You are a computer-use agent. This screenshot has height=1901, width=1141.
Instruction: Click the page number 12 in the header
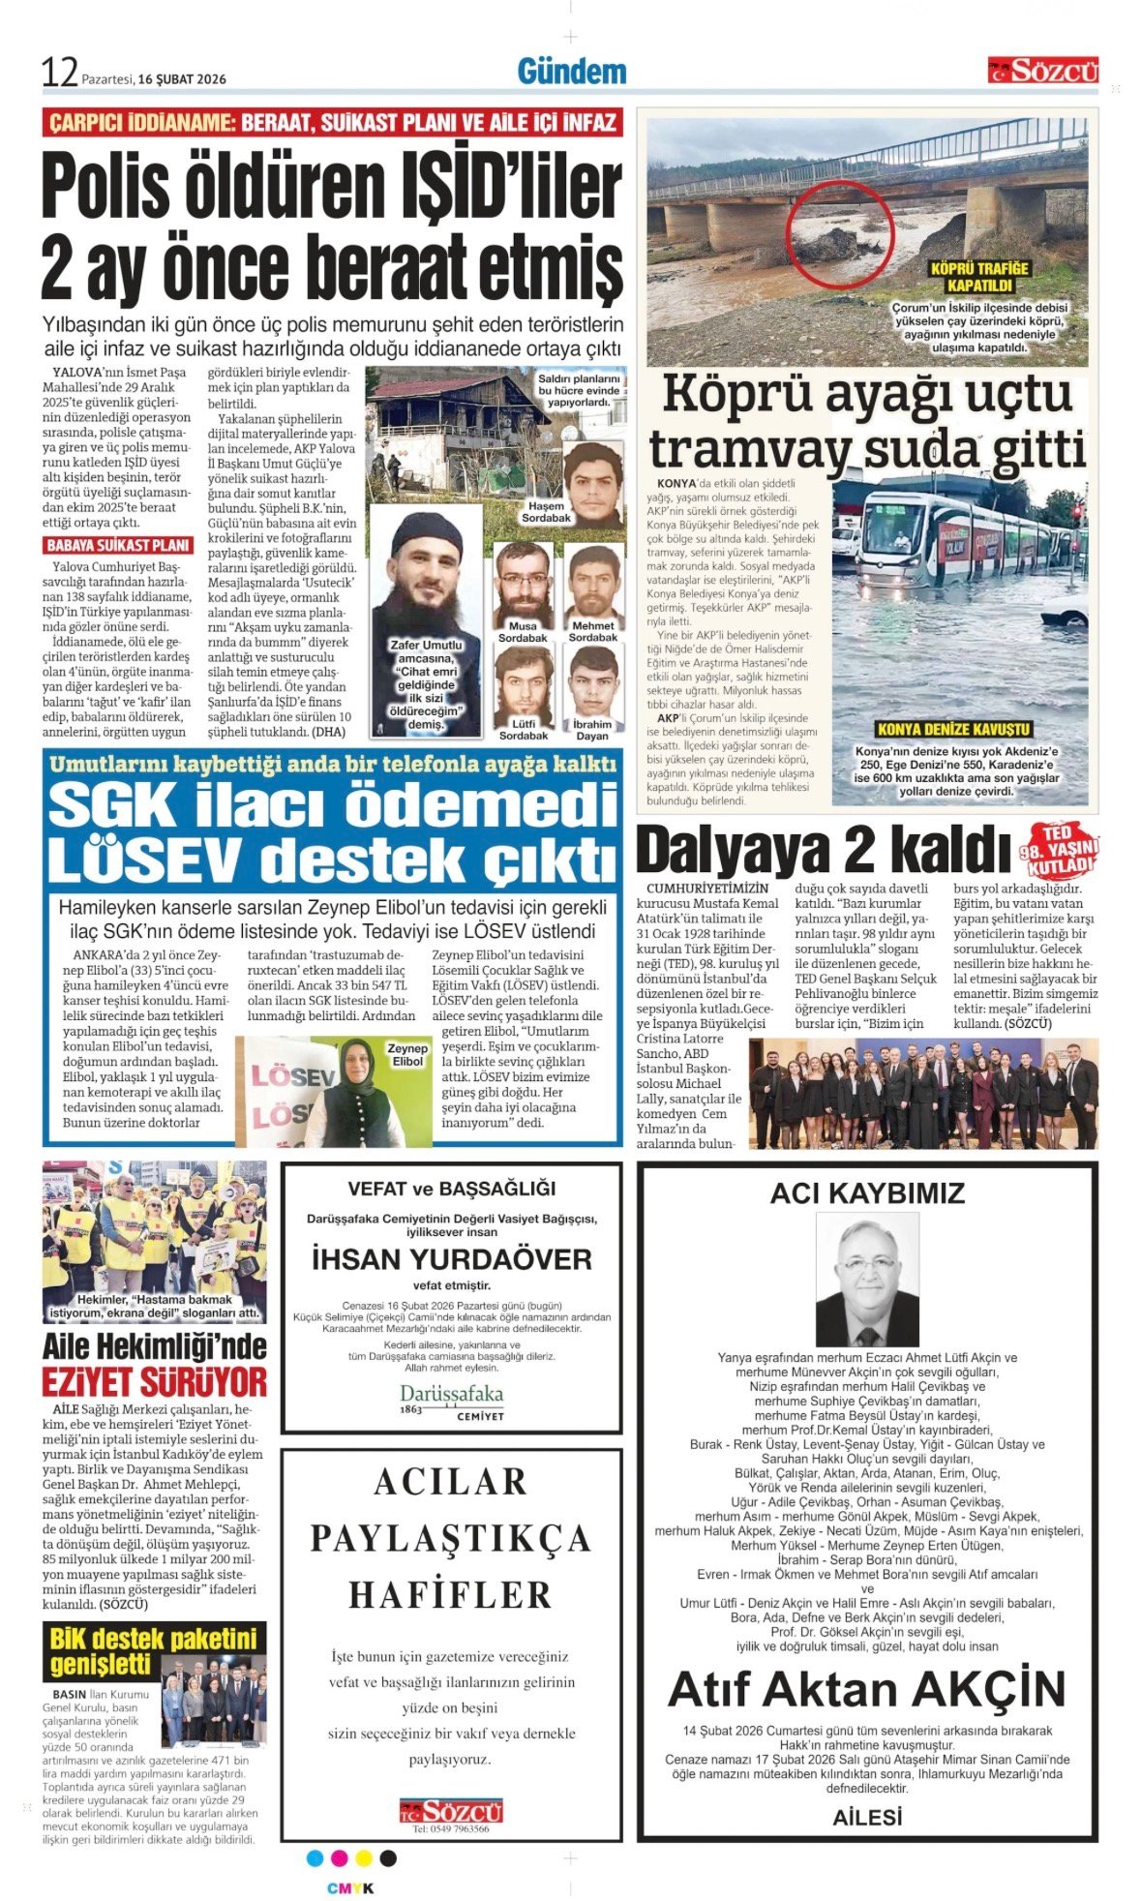pyautogui.click(x=59, y=73)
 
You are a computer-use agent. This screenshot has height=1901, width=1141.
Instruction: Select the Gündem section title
pyautogui.click(x=571, y=72)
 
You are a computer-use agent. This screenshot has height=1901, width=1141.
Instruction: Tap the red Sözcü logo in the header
pyautogui.click(x=1043, y=71)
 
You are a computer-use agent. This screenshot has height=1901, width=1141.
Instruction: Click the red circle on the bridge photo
pyautogui.click(x=839, y=232)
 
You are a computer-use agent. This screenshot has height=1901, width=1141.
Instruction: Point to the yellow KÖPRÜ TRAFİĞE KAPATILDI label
pyautogui.click(x=979, y=277)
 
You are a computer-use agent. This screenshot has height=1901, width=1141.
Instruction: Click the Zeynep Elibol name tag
pyautogui.click(x=407, y=1054)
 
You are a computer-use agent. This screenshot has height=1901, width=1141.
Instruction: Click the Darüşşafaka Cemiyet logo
pyautogui.click(x=452, y=1401)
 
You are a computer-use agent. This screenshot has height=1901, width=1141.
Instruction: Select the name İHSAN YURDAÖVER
pyautogui.click(x=451, y=1259)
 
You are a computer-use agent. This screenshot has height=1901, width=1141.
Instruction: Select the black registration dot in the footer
pyautogui.click(x=388, y=1857)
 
